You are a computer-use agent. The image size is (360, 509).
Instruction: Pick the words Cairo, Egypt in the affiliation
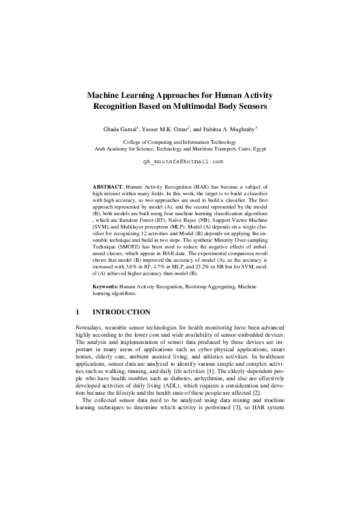pyautogui.click(x=251, y=148)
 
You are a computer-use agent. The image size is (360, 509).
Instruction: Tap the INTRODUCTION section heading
pyautogui.click(x=121, y=313)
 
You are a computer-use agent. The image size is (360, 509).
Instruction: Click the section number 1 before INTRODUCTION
pyautogui.click(x=77, y=313)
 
